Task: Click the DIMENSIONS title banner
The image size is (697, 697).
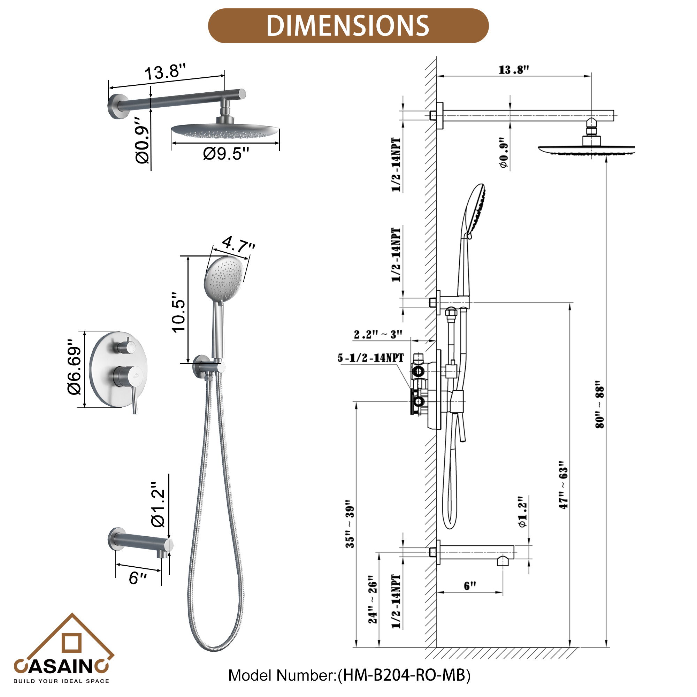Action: (x=348, y=26)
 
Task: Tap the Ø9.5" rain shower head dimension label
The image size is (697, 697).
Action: (x=226, y=154)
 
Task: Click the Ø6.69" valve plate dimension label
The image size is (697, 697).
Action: (x=74, y=367)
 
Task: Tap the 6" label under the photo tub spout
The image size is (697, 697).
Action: (x=137, y=578)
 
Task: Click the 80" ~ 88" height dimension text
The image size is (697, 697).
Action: (x=599, y=404)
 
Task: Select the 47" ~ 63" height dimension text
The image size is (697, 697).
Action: (x=563, y=485)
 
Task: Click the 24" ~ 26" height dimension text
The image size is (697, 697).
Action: (x=372, y=599)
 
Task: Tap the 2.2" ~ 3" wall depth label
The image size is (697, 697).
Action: (x=377, y=335)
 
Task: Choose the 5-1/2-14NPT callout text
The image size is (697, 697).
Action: (x=370, y=358)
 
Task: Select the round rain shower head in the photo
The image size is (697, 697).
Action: (x=224, y=130)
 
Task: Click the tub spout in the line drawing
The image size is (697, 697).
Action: (x=476, y=552)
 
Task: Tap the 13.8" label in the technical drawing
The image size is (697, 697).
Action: (x=513, y=70)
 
